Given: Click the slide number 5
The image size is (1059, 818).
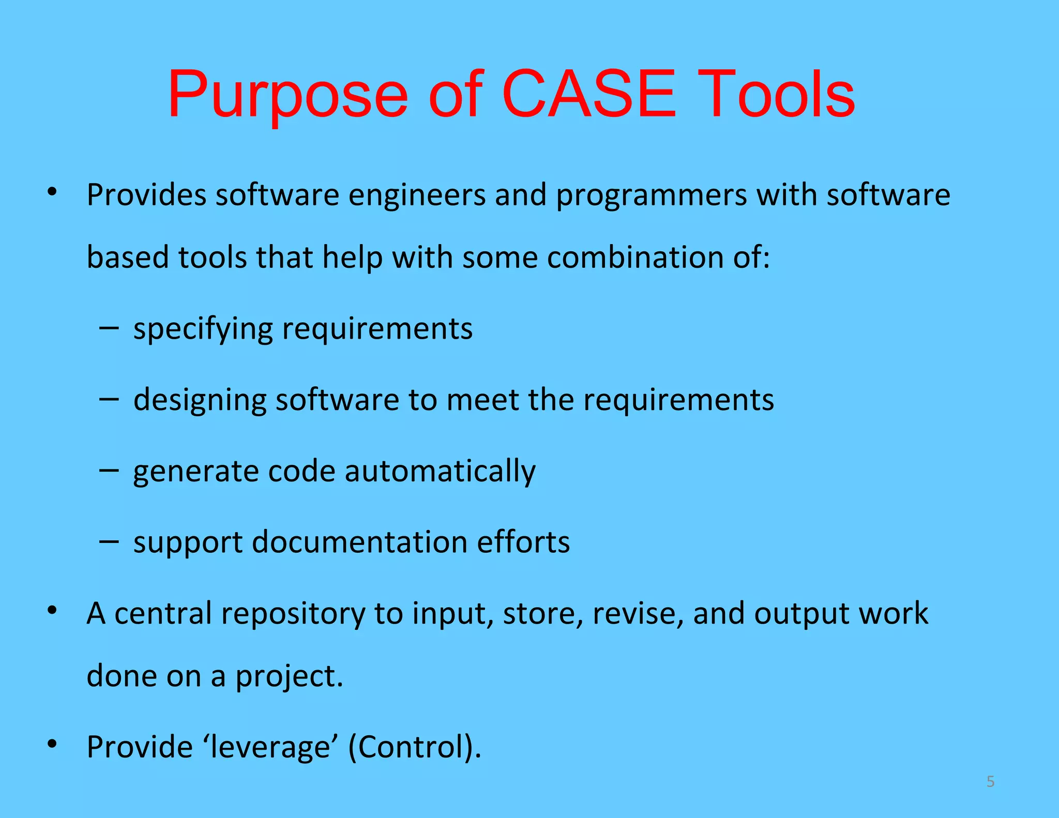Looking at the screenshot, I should pyautogui.click(x=990, y=781).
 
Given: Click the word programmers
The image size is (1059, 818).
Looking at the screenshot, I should pyautogui.click(x=651, y=195).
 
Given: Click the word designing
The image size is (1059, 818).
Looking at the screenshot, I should pyautogui.click(x=200, y=400).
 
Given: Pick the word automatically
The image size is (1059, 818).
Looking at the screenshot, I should pyautogui.click(x=440, y=472).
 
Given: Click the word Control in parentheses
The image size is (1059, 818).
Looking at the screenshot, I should pyautogui.click(x=412, y=747).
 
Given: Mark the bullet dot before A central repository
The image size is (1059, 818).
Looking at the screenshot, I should pyautogui.click(x=51, y=611).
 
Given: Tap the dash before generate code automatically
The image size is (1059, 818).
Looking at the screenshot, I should pyautogui.click(x=109, y=470).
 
